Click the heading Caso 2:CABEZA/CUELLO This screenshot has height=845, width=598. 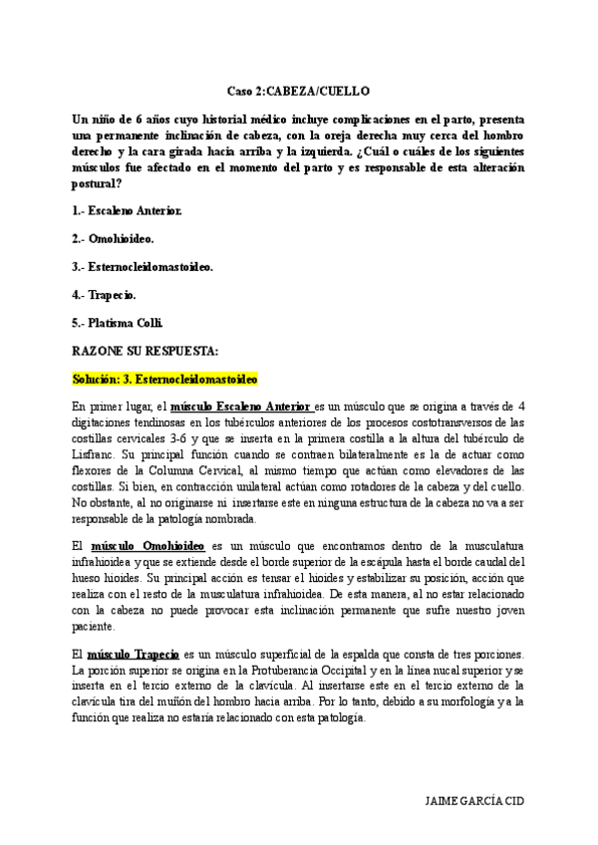click(298, 89)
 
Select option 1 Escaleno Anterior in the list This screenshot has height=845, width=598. click(128, 211)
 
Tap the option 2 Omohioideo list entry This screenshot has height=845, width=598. click(113, 239)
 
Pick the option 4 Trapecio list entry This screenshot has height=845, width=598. click(105, 295)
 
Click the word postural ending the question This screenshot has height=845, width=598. click(98, 183)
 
